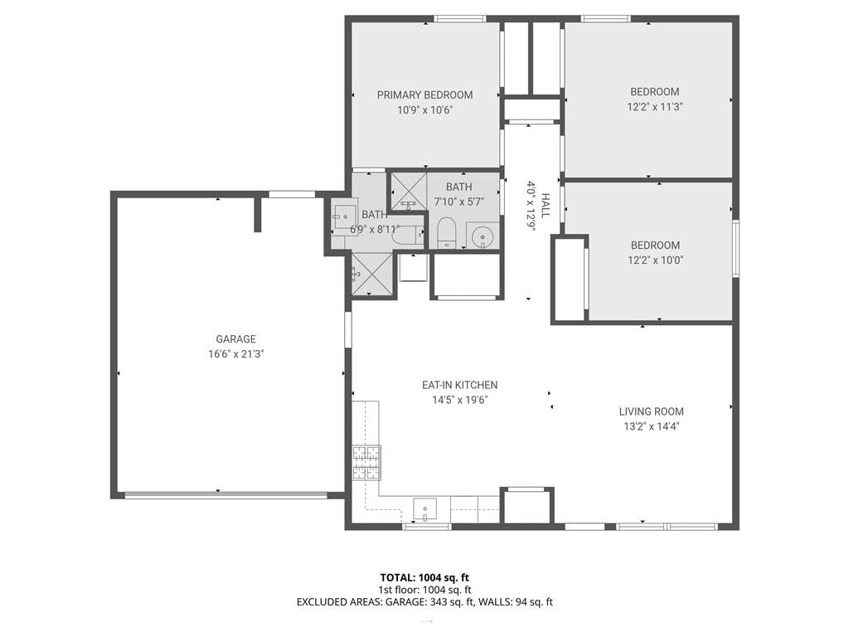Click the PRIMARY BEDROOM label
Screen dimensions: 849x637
click(424, 95)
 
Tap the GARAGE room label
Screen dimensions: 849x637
click(235, 339)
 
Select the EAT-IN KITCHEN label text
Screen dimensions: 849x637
click(459, 385)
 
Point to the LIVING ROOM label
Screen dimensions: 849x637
click(652, 411)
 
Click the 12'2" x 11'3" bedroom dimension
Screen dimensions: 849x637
click(655, 107)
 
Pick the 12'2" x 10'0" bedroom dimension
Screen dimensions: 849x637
click(655, 260)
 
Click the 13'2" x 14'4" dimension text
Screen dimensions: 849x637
click(652, 427)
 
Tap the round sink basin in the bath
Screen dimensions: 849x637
click(482, 236)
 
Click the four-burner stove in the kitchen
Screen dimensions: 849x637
click(366, 463)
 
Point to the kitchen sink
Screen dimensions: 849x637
click(425, 509)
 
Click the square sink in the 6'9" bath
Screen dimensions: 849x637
click(345, 216)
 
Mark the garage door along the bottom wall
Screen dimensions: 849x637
click(226, 495)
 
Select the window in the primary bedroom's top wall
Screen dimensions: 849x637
click(459, 19)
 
